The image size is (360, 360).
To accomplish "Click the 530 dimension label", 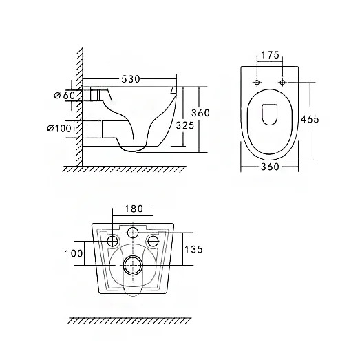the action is (130, 79).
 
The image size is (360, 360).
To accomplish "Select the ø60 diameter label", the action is (65, 95).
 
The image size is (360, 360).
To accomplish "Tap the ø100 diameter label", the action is (59, 128).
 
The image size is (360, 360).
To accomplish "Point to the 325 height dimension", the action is (185, 125).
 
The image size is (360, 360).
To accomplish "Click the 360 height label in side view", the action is (201, 113).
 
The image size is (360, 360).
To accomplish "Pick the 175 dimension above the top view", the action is (271, 55).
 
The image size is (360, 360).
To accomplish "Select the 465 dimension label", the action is (310, 119).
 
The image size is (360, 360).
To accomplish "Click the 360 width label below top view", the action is (270, 167).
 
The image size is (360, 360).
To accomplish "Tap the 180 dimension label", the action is (134, 209).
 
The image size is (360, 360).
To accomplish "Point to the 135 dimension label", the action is (194, 249).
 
